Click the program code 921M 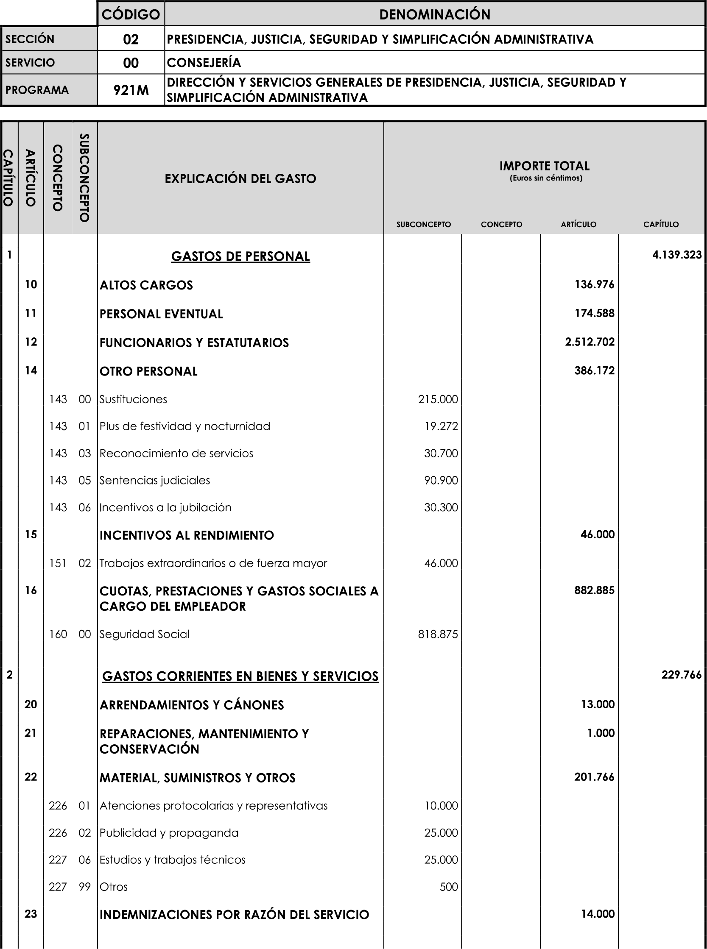131,90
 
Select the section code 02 131,39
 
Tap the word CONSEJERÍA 204,63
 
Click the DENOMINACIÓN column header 434,14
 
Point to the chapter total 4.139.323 676,255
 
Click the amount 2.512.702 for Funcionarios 590,342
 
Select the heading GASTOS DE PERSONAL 240,256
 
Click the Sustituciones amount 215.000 438,399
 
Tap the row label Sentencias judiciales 155,480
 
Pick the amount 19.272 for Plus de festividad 441,426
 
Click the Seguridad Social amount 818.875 438,634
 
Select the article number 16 31,590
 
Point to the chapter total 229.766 681,675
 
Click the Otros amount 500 449,887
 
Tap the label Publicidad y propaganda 169,833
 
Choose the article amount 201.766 594,776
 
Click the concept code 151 58,563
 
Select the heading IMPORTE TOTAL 545,166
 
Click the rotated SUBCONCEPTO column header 84,178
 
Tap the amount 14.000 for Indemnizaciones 598,914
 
